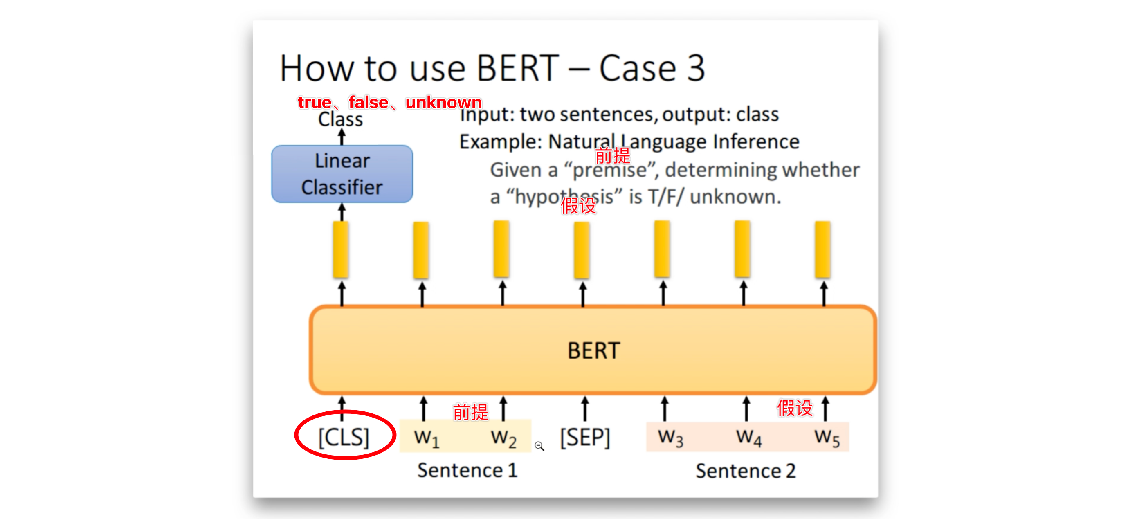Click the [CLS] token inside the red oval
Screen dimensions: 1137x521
[x=344, y=437]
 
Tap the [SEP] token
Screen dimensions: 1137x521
[x=585, y=437]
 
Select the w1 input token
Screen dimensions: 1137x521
[x=426, y=438]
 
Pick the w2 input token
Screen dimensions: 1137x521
[x=503, y=438]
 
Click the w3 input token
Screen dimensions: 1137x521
[x=670, y=438]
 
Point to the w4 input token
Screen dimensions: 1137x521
[x=748, y=438]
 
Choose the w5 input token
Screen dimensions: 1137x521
[x=827, y=438]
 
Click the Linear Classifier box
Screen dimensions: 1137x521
[x=342, y=174]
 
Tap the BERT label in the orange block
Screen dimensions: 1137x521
[x=594, y=351]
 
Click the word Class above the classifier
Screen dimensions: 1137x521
[x=340, y=119]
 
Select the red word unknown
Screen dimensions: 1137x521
[x=444, y=102]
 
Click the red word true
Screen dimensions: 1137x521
[x=314, y=102]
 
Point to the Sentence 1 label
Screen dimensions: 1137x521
[x=467, y=470]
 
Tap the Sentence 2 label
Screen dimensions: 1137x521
[x=746, y=471]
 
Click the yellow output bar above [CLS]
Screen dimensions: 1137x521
[x=341, y=250]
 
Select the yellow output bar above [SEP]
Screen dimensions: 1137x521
[x=582, y=250]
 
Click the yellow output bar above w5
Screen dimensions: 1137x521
[x=823, y=250]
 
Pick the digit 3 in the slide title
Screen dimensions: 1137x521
[x=696, y=68]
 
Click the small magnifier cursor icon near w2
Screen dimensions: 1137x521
[x=539, y=446]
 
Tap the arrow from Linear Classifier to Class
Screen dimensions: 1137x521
[x=341, y=137]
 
